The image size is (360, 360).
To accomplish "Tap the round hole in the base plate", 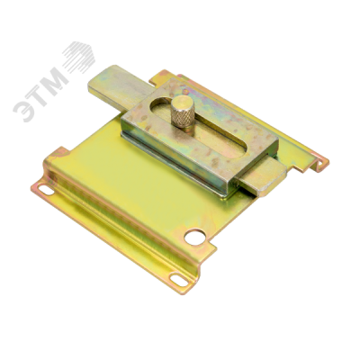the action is coord(195,237).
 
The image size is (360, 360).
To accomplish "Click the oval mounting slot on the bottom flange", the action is coord(179,279).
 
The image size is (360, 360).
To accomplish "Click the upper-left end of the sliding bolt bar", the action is coord(90,84).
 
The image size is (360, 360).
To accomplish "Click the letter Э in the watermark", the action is coord(24,110).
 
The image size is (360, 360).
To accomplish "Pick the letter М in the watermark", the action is coord(55,77).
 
